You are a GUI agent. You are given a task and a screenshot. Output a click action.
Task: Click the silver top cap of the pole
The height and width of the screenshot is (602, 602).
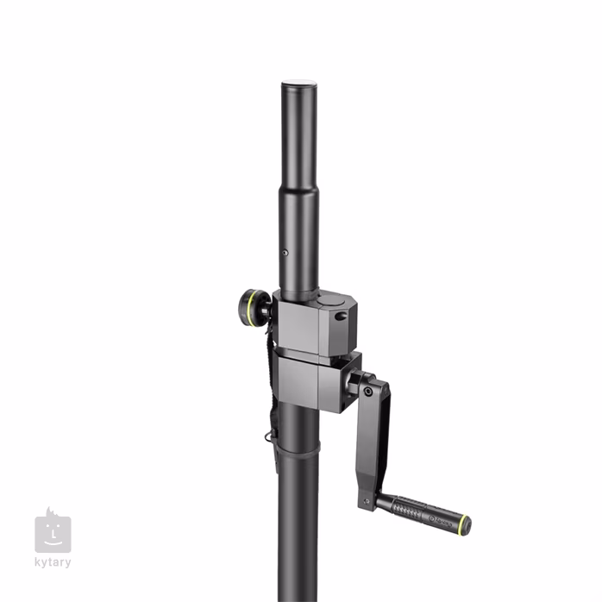pos(299,83)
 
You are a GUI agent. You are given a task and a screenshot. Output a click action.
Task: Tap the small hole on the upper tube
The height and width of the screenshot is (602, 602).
pos(285,254)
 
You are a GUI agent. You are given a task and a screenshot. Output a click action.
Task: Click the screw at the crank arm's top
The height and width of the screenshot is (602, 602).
pos(368,392)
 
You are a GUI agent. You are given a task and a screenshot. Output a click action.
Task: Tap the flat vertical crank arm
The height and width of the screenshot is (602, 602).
pos(373,440)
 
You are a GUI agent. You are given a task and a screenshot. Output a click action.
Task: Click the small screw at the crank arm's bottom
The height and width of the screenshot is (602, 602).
pos(367,500)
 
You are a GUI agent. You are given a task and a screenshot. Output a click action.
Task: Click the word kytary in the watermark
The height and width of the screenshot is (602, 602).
pos(53,563)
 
